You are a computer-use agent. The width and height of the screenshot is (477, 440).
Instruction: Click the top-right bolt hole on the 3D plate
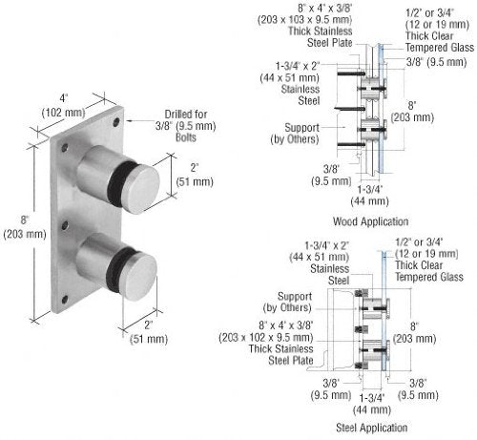(x=116, y=122)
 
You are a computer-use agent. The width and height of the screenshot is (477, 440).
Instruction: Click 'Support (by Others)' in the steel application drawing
(x=298, y=302)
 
